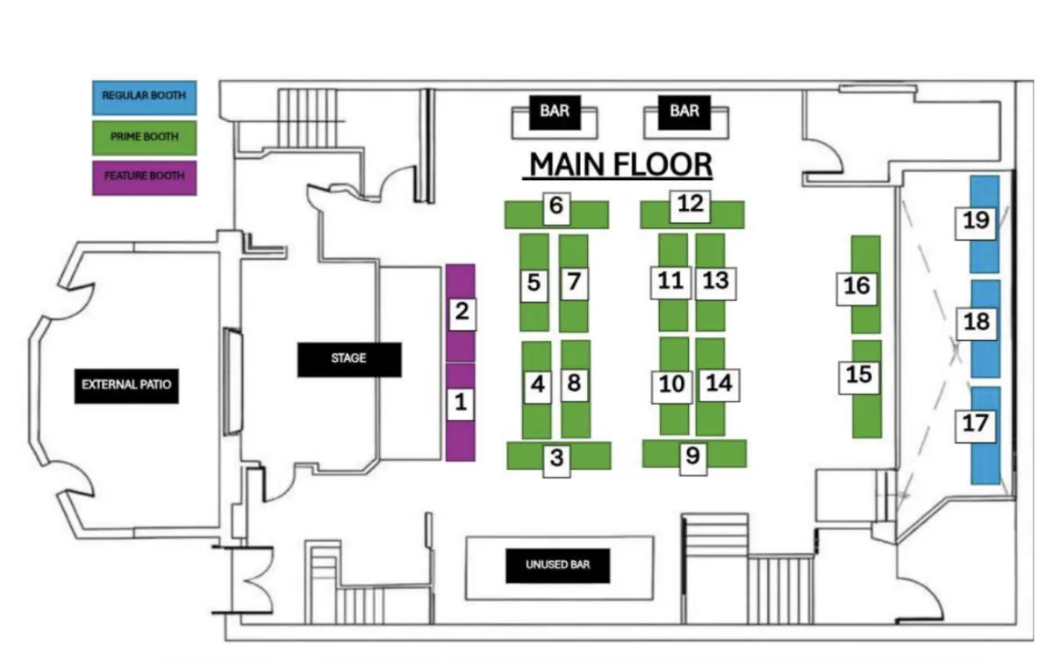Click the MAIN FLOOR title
620,164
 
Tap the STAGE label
348,358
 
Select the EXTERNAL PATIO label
126,385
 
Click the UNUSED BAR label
557,565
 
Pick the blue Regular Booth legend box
144,97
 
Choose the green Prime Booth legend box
144,137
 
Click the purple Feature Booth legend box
144,176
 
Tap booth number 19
976,220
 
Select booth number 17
975,424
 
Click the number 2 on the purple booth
462,312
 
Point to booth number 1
461,404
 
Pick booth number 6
556,207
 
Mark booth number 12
691,205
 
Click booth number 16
856,286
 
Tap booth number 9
692,457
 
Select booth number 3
557,457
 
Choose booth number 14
719,384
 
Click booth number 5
534,283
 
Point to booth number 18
976,322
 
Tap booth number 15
859,375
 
